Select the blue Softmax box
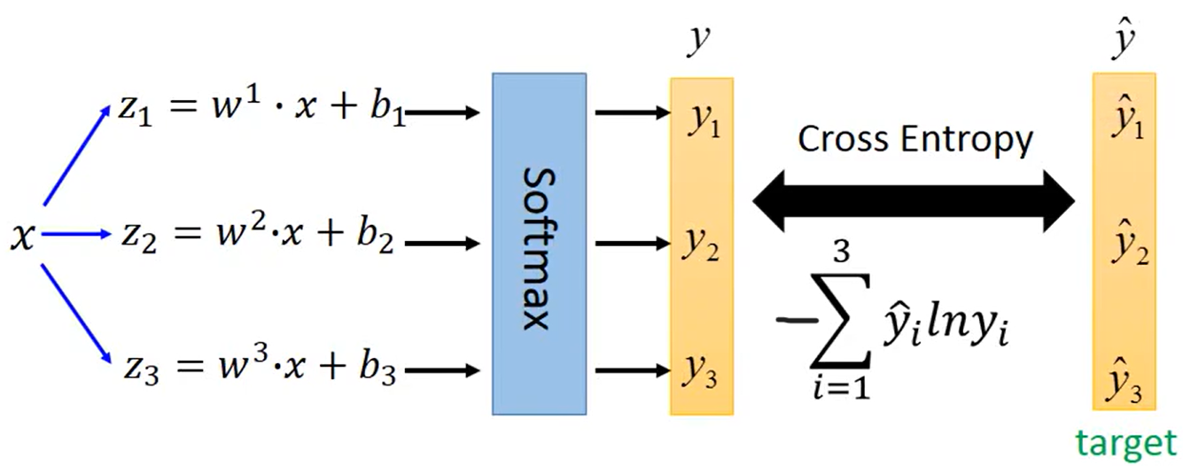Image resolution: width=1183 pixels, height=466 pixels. [539, 243]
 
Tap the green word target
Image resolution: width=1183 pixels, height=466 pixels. [1125, 442]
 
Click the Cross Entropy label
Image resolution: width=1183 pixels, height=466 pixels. [915, 139]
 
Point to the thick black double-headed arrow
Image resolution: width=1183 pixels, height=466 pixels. [914, 202]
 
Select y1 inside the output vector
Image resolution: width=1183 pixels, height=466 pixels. [703, 122]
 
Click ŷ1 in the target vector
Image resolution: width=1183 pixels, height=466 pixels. [1125, 124]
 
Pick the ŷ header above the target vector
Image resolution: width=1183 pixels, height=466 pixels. [1124, 40]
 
